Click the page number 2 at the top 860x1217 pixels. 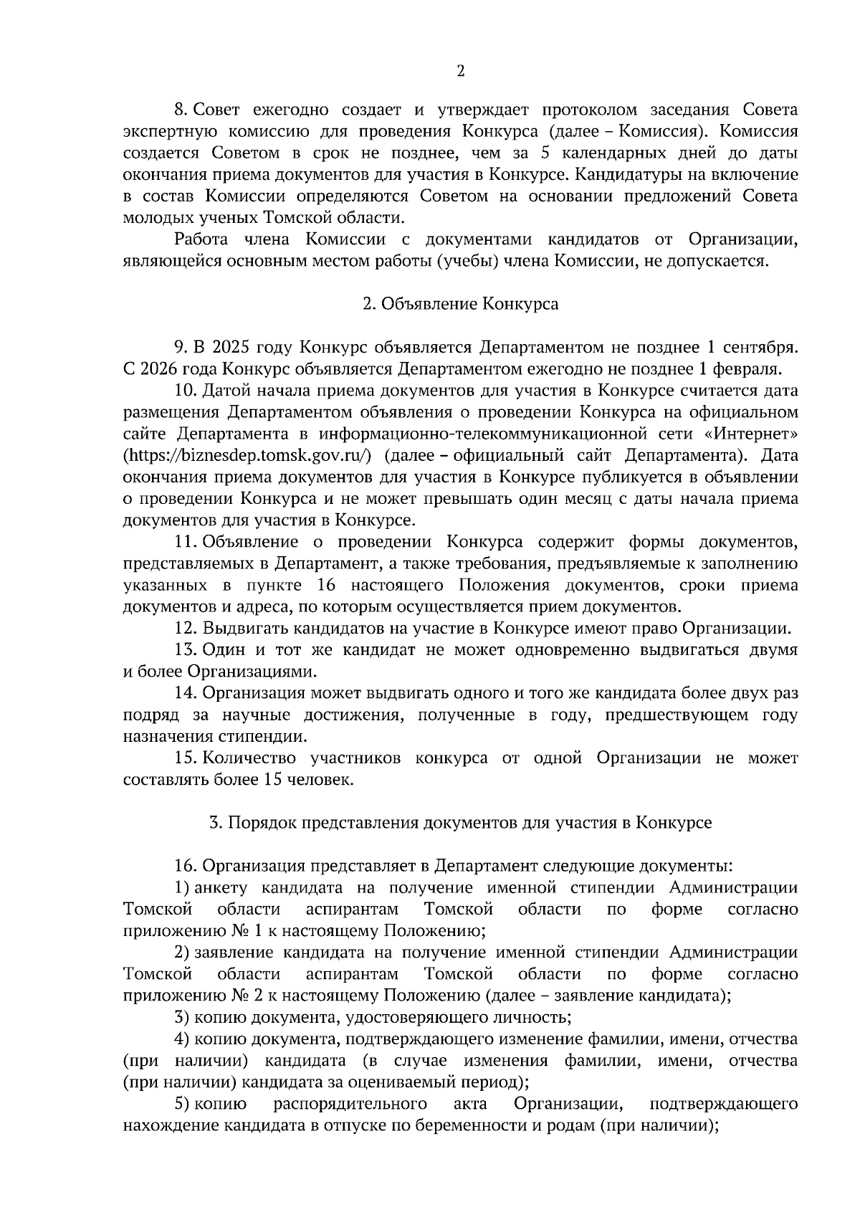tap(460, 71)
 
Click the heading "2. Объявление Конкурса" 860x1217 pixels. tap(460, 304)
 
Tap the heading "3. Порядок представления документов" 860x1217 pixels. tap(460, 822)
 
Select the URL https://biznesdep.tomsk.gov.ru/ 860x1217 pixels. tap(247, 455)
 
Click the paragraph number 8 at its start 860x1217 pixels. tap(181, 110)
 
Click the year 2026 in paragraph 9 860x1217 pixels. tap(161, 369)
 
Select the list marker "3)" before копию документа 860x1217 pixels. tap(182, 1017)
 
